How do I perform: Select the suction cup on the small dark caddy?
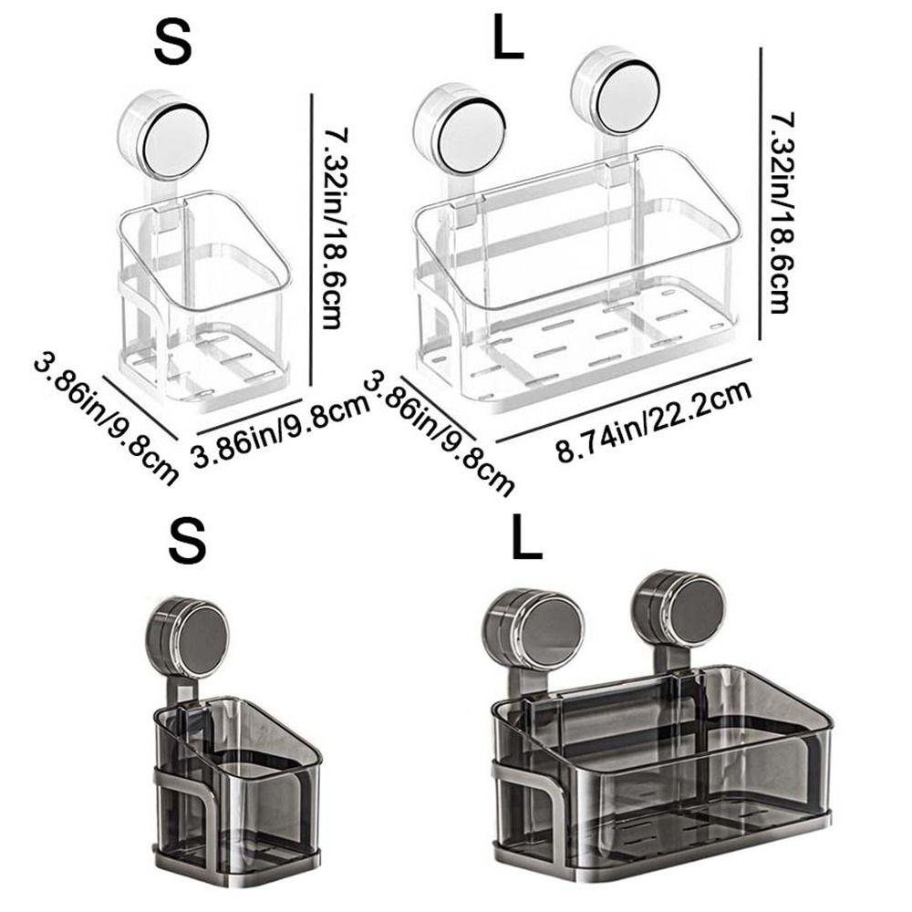coord(189,637)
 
